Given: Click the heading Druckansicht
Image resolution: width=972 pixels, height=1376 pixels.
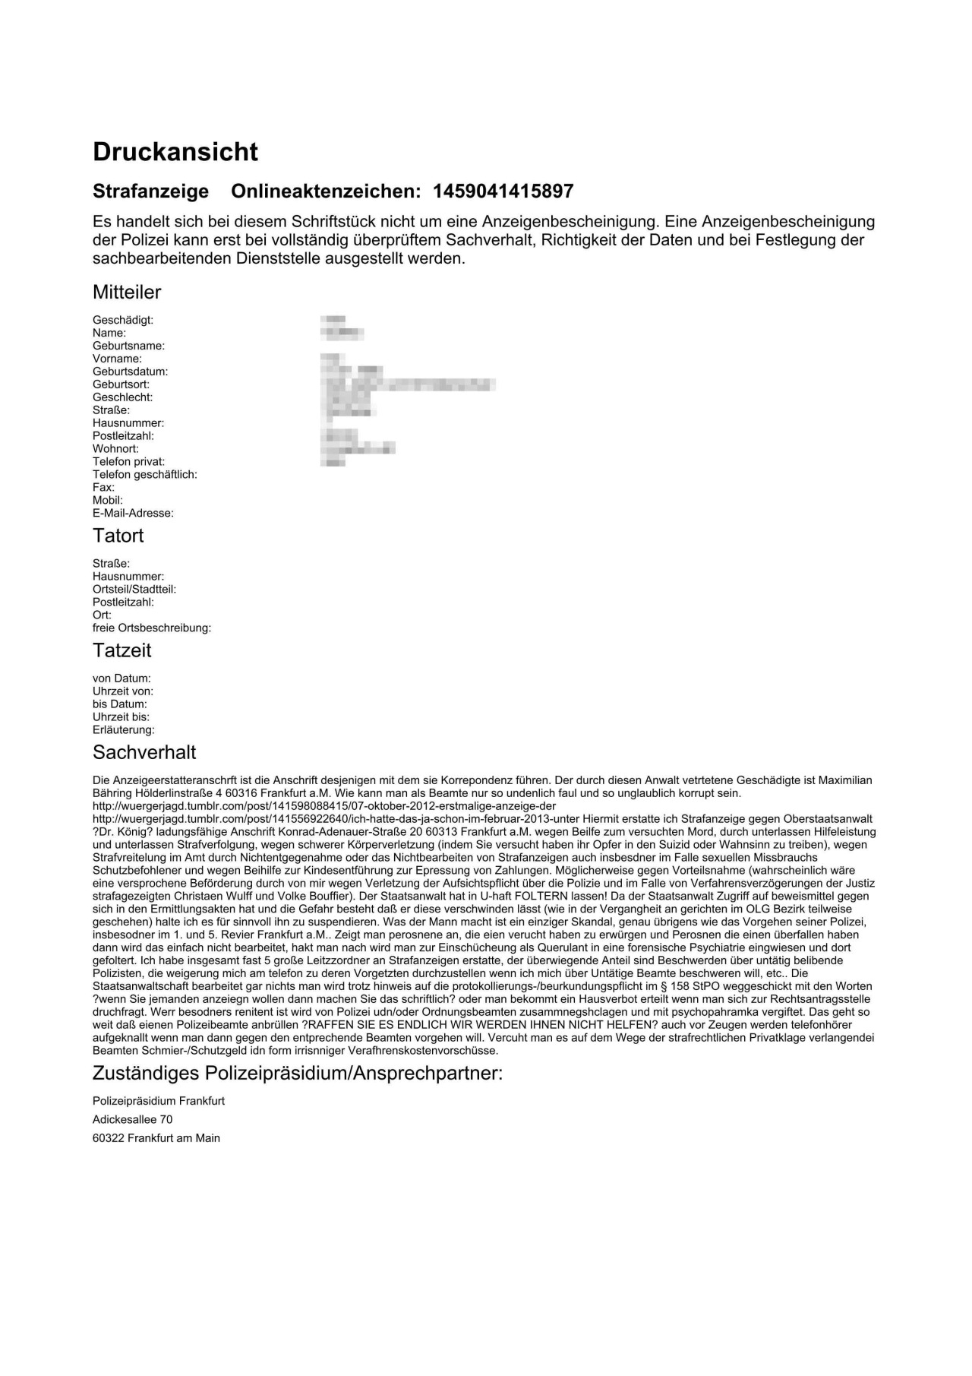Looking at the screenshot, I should coord(175,152).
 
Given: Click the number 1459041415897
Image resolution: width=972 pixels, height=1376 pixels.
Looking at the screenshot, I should coord(503,191).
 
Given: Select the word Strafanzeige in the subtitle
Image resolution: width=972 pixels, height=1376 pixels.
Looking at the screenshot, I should coord(150,191).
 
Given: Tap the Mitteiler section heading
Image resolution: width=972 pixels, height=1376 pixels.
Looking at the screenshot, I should coord(127,292).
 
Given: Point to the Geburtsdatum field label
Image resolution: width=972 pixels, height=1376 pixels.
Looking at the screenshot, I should coord(130,372).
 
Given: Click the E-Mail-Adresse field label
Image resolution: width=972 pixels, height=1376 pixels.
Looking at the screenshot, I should coord(133,513).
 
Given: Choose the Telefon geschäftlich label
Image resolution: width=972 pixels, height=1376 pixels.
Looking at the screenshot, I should coord(144,474).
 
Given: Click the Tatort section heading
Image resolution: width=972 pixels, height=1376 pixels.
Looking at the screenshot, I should coord(118,536).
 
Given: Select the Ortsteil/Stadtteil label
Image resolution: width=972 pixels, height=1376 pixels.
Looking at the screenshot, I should coord(134,589).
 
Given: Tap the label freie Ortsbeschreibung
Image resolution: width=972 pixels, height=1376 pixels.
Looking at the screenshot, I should coord(152,628).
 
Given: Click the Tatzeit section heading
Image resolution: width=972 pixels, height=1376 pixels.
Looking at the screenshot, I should coord(121,650).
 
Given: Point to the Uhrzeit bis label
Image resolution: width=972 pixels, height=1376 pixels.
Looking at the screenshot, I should coord(121,716).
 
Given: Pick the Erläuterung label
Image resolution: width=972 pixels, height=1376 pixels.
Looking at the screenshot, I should coord(123,729).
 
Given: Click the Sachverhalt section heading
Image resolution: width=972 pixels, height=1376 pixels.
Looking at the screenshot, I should coord(144,752).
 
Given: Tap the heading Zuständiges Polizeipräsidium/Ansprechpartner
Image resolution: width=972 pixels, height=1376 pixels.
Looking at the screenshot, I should coord(297,1074).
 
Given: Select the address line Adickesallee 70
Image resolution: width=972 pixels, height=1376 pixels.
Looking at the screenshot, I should coord(132,1119).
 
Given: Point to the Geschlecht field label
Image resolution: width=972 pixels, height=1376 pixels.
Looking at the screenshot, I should coord(122,397).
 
